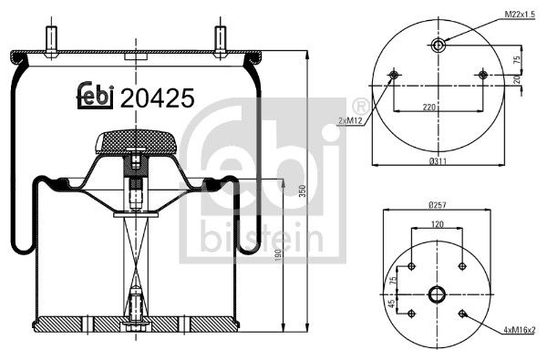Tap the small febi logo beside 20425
pyautogui.click(x=94, y=96)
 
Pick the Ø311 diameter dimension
pyautogui.click(x=439, y=161)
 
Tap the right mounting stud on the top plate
pyautogui.click(x=220, y=41)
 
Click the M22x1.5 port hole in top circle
pyautogui.click(x=439, y=46)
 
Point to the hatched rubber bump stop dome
pyautogui.click(x=134, y=140)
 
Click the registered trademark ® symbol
pyautogui.click(x=360, y=105)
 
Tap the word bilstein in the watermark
pyautogui.click(x=259, y=239)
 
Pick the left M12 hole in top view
pyautogui.click(x=394, y=75)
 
